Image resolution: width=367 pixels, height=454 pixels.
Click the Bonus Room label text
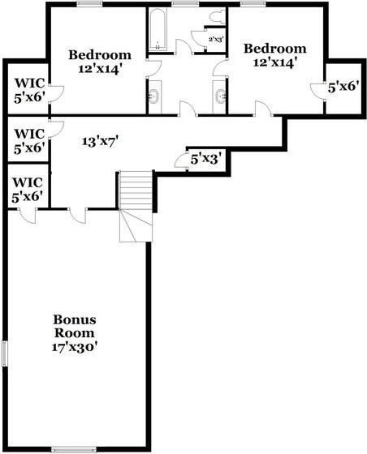74,326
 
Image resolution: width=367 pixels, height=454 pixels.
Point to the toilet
217,17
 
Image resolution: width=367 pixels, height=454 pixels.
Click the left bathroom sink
153,97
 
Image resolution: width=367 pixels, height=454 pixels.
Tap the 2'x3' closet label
216,39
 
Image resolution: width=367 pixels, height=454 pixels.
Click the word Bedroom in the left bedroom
100,55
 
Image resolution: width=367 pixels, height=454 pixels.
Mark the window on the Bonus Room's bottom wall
74,448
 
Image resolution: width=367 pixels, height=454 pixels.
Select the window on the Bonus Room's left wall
6,353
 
